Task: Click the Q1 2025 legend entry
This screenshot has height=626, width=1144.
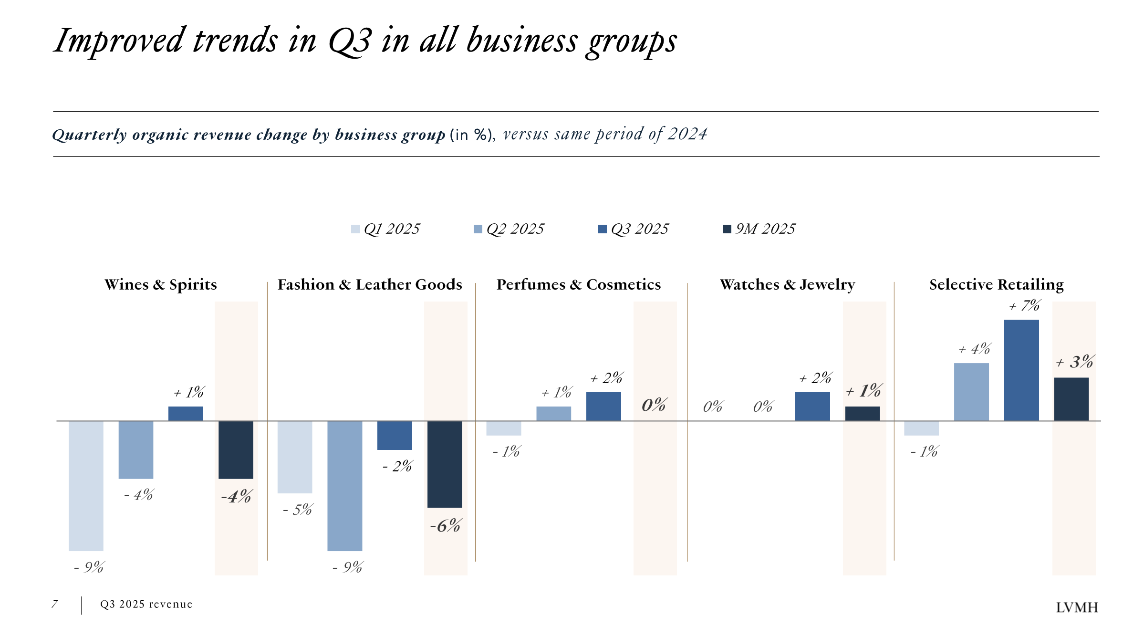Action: (385, 229)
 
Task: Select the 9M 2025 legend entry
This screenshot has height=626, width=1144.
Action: (759, 229)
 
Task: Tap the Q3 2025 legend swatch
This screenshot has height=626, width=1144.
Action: (603, 229)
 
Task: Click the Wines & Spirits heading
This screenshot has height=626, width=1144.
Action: (161, 284)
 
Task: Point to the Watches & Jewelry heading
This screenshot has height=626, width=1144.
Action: (787, 284)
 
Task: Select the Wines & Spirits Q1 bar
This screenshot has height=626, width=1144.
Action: (86, 486)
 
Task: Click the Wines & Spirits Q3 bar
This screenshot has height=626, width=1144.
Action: (186, 414)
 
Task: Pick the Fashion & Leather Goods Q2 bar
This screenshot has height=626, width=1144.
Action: (344, 486)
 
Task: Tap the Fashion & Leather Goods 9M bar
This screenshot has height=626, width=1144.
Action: (445, 464)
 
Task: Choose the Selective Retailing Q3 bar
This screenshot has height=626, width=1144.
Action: (1021, 370)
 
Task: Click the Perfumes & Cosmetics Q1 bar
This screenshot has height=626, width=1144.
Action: (504, 428)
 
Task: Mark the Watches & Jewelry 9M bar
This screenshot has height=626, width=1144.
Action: (863, 414)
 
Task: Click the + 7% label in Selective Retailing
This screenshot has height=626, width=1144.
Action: (1024, 305)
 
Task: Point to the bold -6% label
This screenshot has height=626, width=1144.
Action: (445, 526)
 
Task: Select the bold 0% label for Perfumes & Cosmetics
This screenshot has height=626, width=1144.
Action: (654, 405)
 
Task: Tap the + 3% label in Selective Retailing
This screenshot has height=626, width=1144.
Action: (1075, 362)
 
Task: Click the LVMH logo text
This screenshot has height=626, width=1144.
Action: (1077, 607)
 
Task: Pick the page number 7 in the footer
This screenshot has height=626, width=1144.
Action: (55, 604)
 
